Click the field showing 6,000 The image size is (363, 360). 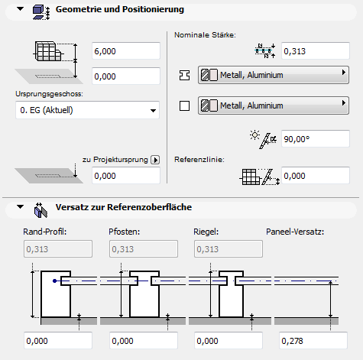126,51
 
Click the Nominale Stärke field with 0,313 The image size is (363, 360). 316,51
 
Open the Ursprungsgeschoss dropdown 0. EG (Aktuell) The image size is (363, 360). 87,110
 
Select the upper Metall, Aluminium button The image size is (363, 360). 274,75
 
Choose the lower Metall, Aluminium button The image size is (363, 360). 274,105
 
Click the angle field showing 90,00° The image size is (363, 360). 316,139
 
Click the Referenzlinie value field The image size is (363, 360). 316,176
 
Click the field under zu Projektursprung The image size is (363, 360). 126,176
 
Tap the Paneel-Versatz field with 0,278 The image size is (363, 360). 313,341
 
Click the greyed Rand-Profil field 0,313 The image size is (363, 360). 58,248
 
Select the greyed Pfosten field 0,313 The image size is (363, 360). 144,248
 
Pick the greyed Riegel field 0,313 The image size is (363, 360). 228,248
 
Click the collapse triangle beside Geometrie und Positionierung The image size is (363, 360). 20,9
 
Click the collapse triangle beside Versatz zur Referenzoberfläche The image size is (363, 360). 20,206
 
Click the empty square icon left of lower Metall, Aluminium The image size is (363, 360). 184,105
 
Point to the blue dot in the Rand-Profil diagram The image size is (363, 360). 54,281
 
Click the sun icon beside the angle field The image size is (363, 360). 254,135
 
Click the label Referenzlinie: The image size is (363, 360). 199,160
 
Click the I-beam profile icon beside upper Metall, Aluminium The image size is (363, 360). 184,75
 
